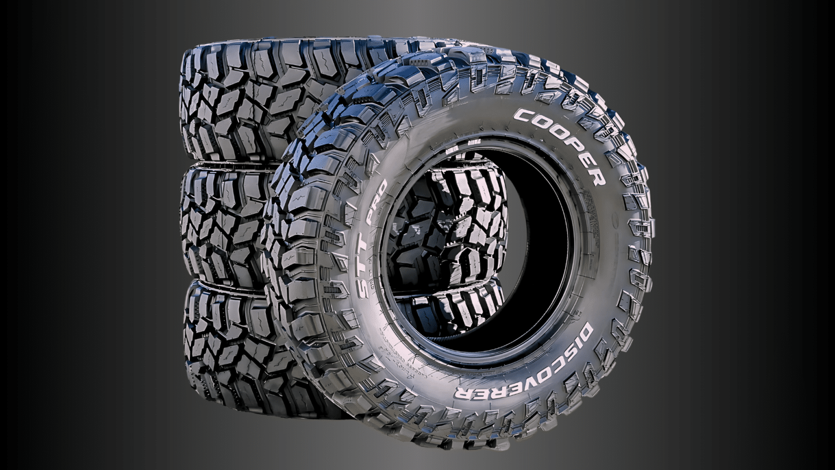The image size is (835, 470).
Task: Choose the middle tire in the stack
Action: pos(223,223)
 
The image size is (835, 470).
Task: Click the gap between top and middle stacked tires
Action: pos(228,163)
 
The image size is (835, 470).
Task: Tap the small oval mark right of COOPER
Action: pos(615,222)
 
